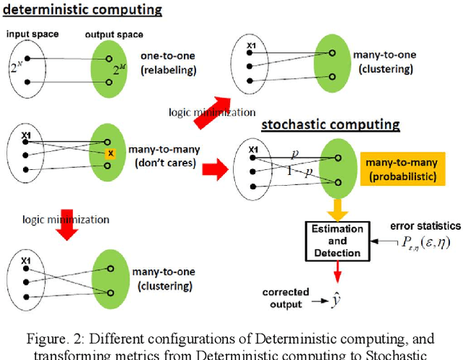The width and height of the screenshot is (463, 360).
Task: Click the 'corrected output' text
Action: pyautogui.click(x=286, y=297)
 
